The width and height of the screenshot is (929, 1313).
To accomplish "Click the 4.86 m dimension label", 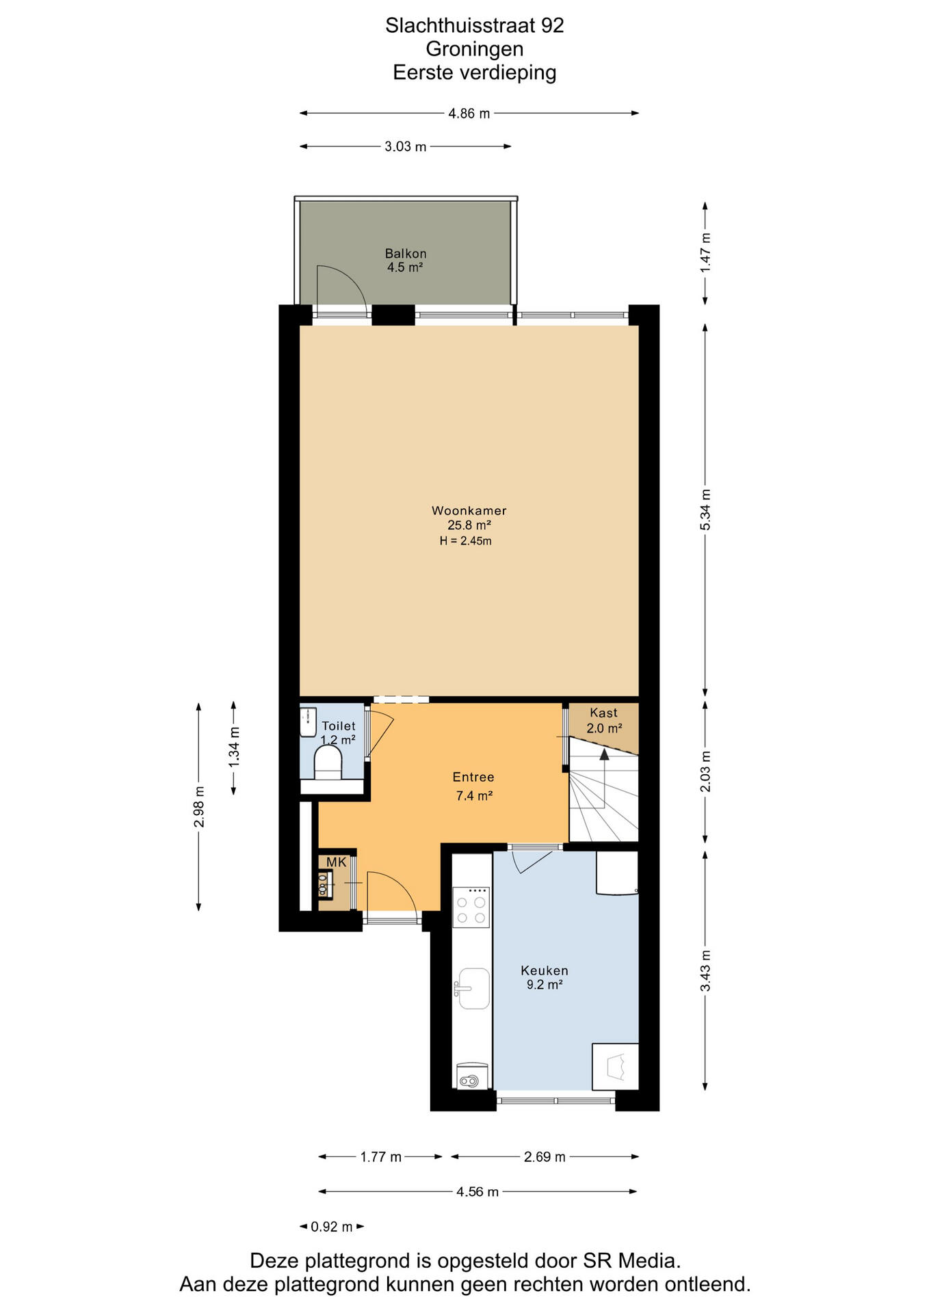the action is tap(469, 114).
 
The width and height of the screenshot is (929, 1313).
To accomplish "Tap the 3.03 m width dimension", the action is tap(406, 146).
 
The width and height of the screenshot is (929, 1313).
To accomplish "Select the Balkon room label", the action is tap(406, 254).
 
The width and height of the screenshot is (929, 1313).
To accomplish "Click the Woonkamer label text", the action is tap(469, 511).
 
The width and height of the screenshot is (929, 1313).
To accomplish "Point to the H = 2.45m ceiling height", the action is tap(466, 541).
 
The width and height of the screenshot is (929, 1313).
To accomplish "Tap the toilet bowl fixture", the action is tap(328, 762).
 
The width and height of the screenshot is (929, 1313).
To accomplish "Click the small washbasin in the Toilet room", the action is tap(308, 722).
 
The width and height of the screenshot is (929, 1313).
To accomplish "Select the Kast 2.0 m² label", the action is tap(604, 721).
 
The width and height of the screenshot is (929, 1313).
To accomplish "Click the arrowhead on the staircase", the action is tap(604, 754).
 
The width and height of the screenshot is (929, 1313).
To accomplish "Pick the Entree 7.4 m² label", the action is tap(474, 786).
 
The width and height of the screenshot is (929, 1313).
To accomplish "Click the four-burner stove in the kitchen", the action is tap(471, 907).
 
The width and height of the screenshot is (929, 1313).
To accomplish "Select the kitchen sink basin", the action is tap(474, 988).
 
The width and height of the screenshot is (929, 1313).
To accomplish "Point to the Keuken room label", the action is tap(545, 971).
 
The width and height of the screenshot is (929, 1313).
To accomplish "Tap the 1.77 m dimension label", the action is tap(381, 1157).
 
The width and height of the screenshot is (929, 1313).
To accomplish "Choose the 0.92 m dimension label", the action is tap(332, 1227).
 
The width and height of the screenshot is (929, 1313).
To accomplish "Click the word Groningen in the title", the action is tap(475, 49).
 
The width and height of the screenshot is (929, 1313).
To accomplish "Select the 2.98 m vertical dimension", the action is tap(199, 807).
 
